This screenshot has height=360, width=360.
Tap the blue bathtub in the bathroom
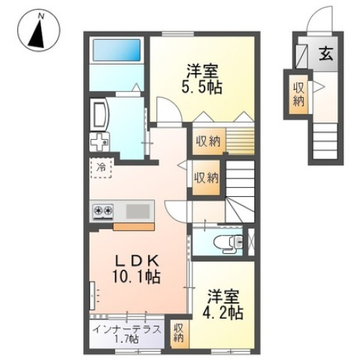116,50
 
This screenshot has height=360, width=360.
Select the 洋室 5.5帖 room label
201,79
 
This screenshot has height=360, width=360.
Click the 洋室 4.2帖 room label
223,304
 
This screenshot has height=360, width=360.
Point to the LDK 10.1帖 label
137,270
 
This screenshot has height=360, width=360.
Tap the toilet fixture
228,243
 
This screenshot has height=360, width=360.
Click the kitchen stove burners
103,210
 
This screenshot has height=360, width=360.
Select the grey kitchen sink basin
138,211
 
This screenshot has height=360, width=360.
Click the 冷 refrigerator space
101,168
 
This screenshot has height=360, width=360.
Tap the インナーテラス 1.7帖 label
127,334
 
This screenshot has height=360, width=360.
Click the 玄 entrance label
325,54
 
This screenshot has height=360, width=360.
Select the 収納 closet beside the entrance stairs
298,95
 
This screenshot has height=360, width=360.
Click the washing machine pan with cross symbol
100,142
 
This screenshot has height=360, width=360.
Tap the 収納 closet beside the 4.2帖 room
178,334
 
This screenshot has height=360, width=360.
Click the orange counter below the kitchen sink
134,227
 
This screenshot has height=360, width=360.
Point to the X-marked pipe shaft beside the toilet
251,242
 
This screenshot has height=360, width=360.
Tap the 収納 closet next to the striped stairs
208,142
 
